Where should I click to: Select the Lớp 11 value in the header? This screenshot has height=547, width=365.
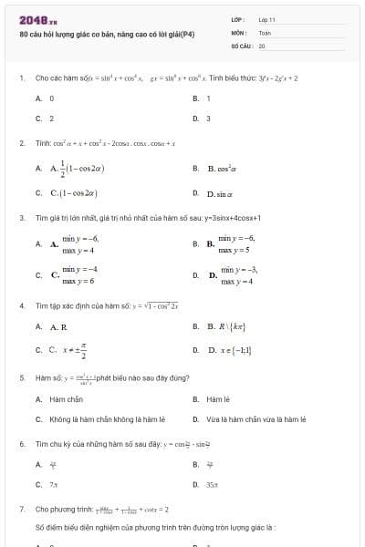click(x=266, y=18)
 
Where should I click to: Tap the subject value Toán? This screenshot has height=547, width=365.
click(x=265, y=32)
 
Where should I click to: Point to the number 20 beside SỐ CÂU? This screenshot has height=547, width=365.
click(x=262, y=45)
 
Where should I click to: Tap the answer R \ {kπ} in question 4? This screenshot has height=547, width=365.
click(x=225, y=326)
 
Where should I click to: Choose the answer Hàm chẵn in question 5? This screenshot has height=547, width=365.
click(x=67, y=398)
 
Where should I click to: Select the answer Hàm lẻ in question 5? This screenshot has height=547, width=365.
click(x=216, y=398)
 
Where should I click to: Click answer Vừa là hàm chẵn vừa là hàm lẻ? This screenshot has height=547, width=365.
click(x=255, y=419)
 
